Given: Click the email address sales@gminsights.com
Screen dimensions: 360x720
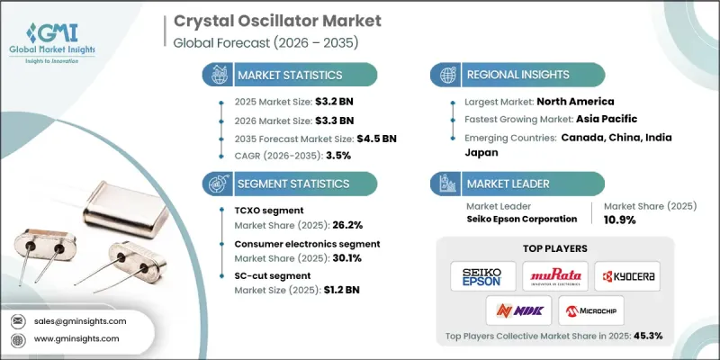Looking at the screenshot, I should [x=80, y=320].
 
